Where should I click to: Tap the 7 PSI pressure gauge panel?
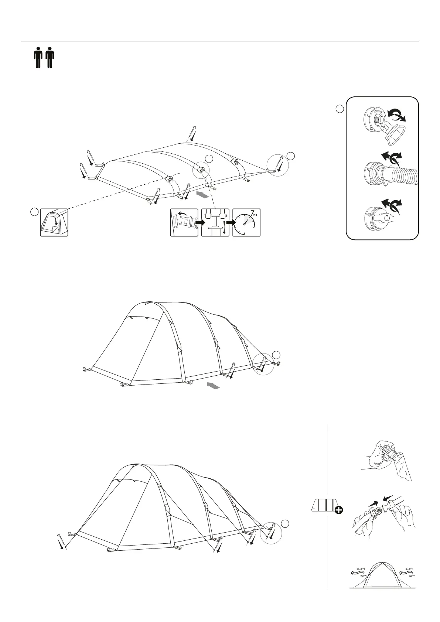click(246, 222)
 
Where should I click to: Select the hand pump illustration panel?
click(215, 222)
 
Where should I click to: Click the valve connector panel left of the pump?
click(184, 222)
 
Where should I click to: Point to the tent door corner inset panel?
click(54, 222)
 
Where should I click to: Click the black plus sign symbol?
click(338, 510)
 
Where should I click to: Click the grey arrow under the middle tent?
click(213, 386)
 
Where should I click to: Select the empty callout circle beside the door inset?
click(34, 212)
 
